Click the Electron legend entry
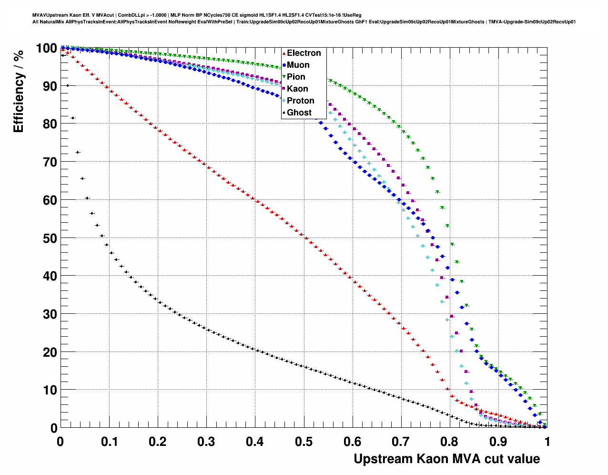[304, 53]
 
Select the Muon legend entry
[298, 65]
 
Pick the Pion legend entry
[296, 77]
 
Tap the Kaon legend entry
[297, 89]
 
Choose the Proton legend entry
[300, 101]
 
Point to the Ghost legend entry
[299, 113]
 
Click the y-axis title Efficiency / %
[19, 91]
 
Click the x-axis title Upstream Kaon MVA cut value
[446, 459]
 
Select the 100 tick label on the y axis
[46, 48]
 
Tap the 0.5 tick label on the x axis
[304, 442]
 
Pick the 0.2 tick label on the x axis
[158, 442]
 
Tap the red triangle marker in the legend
[284, 53]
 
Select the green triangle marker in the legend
[284, 77]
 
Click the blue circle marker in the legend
[284, 65]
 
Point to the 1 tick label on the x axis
[547, 442]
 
